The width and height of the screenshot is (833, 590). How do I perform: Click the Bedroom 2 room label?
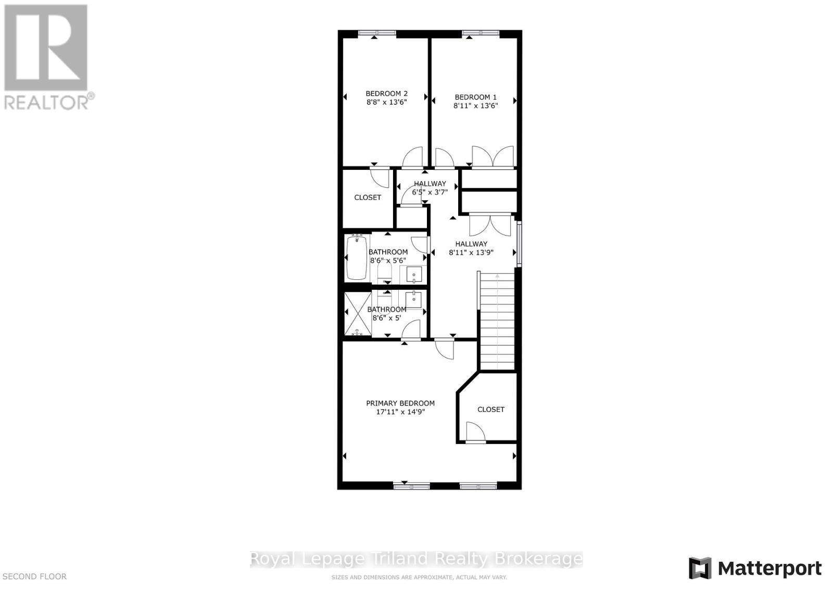(x=386, y=94)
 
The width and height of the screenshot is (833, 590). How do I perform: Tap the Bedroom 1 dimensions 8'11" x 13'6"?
(x=475, y=105)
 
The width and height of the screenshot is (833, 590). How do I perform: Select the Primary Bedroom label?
(x=400, y=403)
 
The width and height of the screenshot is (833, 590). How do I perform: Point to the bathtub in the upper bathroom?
(x=357, y=259)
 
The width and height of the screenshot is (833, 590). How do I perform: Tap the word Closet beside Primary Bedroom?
(x=490, y=410)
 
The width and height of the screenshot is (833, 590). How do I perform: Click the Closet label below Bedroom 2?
(x=368, y=198)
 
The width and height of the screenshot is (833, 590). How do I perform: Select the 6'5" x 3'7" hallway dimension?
(x=430, y=192)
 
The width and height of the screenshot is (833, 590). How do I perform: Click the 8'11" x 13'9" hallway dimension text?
(x=471, y=253)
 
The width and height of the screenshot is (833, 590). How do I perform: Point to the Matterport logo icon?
(x=700, y=568)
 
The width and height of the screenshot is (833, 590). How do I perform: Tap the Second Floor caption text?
(x=35, y=576)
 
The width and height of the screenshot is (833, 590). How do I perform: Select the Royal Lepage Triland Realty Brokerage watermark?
(x=416, y=559)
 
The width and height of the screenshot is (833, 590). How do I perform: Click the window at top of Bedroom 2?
(x=377, y=33)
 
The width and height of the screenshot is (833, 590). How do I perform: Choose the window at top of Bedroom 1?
(x=481, y=33)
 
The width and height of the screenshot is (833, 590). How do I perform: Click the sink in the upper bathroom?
(x=414, y=274)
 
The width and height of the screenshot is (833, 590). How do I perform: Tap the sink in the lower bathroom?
(x=413, y=299)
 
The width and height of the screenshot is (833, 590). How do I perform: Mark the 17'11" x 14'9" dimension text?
(x=400, y=412)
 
